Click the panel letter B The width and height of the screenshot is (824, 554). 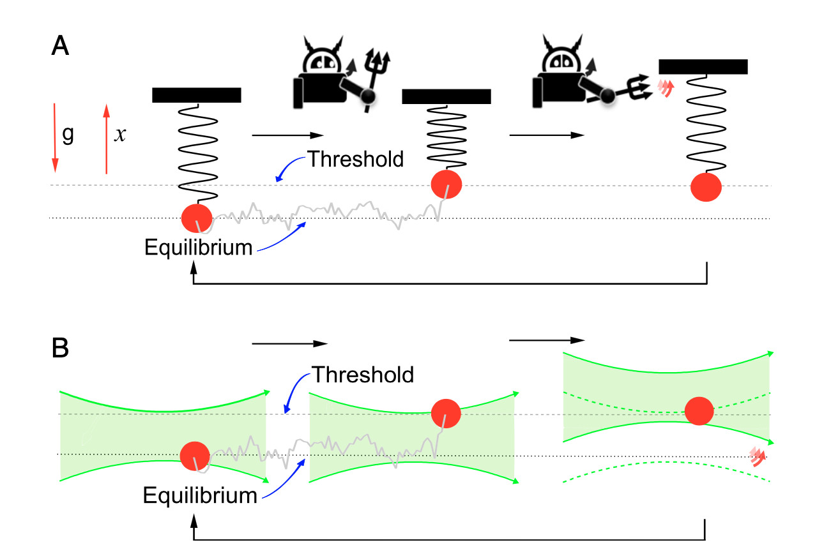pos(60,351)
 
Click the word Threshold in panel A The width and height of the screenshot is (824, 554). pos(356,159)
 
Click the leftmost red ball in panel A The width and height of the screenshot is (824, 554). pos(197,218)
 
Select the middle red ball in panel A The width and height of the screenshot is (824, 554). pos(446,185)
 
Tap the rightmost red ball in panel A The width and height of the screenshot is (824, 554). pos(706,187)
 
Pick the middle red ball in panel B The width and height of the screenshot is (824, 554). pos(446,413)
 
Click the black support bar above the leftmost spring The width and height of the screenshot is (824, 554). pos(197,95)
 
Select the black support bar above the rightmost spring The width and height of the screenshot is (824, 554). pos(703,66)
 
